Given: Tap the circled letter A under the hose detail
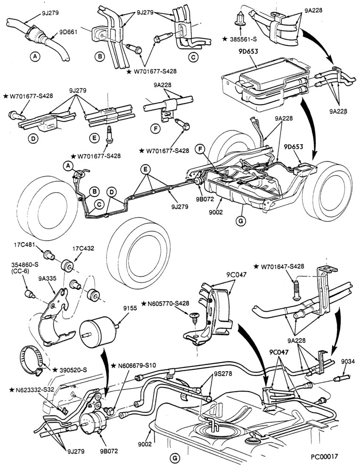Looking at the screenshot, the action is coord(35,56).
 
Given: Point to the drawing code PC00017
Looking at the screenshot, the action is coord(324,456).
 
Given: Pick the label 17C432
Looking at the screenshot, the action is coord(83,249).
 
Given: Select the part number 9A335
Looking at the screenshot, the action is coord(47,278).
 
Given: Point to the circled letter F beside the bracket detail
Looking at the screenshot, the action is coord(155,129).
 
